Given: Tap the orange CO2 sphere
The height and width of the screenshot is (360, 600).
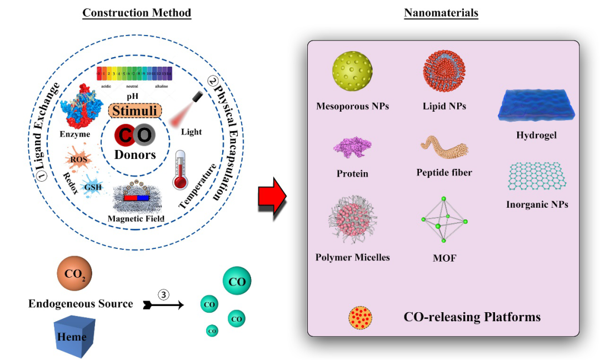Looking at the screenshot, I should (x=74, y=274).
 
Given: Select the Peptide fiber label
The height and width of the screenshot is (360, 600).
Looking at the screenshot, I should (x=444, y=173).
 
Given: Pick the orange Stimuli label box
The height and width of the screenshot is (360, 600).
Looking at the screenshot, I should (x=135, y=111).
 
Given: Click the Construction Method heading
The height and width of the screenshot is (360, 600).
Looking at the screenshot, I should (x=137, y=13).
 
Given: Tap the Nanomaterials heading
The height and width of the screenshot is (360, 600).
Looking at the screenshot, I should (x=441, y=13).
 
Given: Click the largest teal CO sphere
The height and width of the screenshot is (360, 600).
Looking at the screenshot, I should (x=237, y=282).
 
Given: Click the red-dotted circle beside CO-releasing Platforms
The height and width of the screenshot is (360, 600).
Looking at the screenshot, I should (x=361, y=318).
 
